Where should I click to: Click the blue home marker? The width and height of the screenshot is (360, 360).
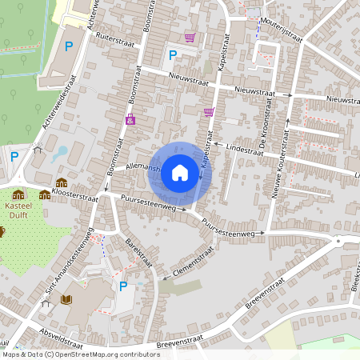click(x=180, y=172)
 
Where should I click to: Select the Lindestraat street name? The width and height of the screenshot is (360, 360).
click(x=245, y=149)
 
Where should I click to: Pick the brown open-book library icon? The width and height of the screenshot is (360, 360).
click(x=66, y=300)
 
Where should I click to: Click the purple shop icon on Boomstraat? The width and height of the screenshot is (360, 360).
click(x=130, y=119)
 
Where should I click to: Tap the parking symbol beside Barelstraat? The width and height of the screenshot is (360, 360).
click(x=122, y=286)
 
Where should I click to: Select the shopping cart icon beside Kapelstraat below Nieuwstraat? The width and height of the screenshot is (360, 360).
click(x=210, y=112)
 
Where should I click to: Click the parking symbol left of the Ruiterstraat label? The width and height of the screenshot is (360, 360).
click(x=68, y=47)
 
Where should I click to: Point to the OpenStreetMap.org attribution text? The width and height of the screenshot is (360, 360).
click(x=102, y=354)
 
